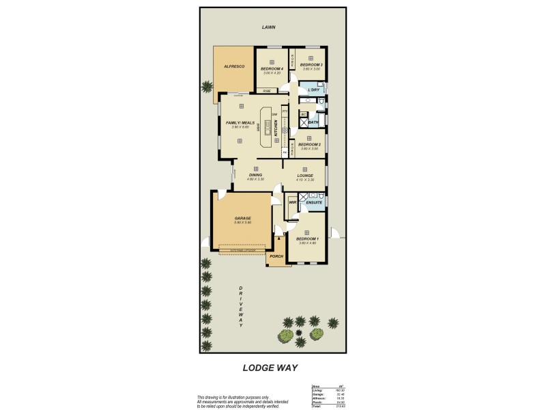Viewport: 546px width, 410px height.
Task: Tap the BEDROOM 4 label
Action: point(272,69)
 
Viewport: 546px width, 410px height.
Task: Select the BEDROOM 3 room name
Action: point(311,64)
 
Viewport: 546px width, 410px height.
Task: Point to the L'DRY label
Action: point(314,90)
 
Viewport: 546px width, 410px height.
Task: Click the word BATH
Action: point(313,123)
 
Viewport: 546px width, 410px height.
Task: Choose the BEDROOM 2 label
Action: point(309,144)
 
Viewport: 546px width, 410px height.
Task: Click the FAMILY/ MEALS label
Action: point(240,123)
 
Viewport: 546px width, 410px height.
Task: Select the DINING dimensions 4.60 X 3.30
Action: point(256,179)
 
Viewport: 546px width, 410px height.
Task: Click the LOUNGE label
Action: point(305,176)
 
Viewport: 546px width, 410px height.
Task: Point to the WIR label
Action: point(293,202)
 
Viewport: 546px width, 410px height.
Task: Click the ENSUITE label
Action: point(313,202)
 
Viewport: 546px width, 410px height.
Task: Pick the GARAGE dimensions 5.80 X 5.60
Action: point(244,222)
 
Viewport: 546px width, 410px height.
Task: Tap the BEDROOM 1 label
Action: point(309,238)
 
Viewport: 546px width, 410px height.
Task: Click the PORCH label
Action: point(276,256)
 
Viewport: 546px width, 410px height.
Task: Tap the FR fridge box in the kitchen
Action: point(285,152)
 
